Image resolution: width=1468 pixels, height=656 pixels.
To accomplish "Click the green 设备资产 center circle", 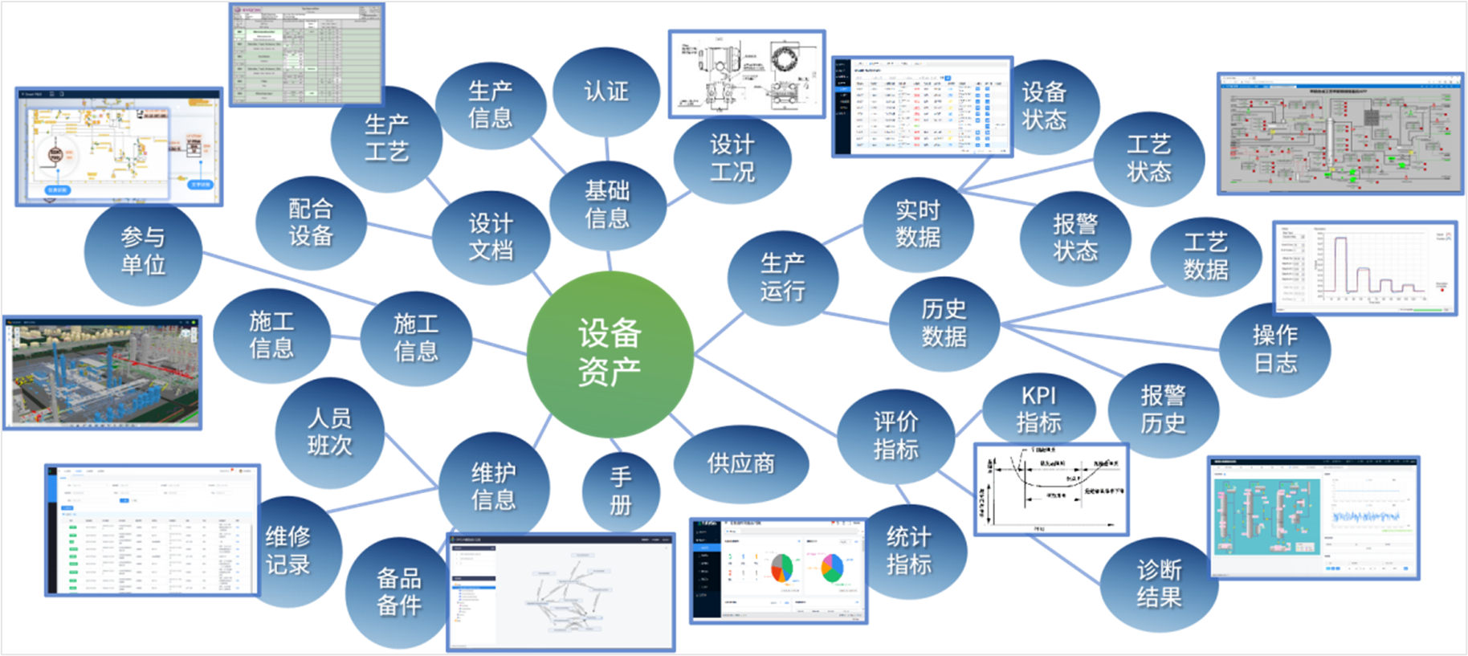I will (610, 354).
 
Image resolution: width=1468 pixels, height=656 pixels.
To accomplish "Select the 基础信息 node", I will (607, 205).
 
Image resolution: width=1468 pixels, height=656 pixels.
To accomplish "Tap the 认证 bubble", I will (606, 92).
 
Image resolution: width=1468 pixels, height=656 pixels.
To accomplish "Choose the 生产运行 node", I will (782, 277).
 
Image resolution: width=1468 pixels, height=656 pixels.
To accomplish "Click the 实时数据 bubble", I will (918, 224).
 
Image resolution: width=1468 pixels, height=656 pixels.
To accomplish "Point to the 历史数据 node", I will (944, 323).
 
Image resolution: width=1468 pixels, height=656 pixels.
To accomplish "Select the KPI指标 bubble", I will (1038, 409).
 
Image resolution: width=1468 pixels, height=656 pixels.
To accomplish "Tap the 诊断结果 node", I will (1159, 584).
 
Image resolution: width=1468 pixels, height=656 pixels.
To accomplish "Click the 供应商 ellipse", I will (740, 463).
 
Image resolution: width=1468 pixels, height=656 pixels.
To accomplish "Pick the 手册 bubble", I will (620, 491).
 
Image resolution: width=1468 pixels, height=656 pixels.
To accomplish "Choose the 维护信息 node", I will (493, 487).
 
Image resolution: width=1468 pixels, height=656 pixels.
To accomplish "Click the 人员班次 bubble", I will (329, 432).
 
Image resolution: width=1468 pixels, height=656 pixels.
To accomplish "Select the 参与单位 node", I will (143, 251).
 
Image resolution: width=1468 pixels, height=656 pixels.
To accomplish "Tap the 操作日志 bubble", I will (1275, 349).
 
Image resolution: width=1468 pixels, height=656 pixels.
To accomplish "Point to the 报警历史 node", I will (1163, 409).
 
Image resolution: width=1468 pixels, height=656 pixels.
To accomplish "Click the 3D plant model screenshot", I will (103, 373).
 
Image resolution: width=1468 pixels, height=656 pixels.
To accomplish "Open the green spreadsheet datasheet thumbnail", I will (307, 55).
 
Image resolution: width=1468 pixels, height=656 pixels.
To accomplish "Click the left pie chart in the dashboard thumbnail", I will (781, 568).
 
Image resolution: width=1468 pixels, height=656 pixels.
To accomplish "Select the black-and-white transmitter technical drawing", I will (747, 74).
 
